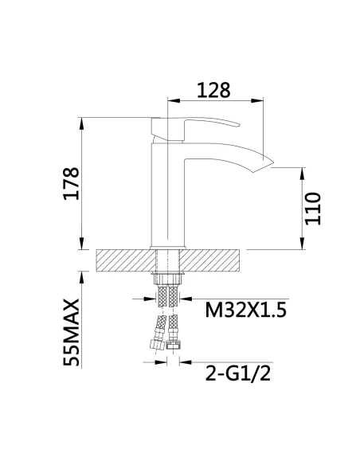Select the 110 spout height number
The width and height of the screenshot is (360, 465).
tap(313, 209)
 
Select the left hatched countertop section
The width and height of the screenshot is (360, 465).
tap(123, 260)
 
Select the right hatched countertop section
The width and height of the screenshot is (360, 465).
tap(213, 260)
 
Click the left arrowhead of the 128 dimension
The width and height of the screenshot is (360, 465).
tap(171, 100)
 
